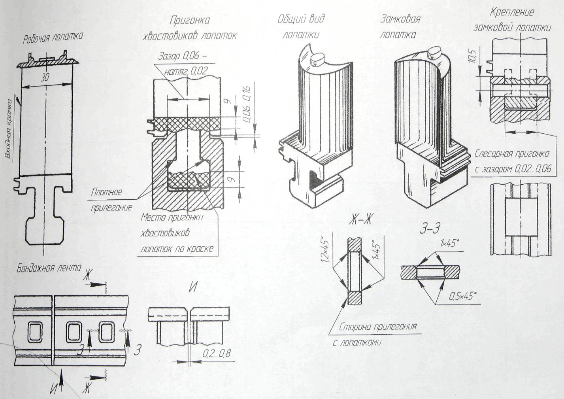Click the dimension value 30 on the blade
tap(45, 78)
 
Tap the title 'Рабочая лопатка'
tap(53, 37)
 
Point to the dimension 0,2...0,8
tap(216, 354)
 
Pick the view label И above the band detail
tap(192, 287)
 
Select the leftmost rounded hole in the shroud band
tap(35, 332)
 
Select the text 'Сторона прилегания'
tap(378, 327)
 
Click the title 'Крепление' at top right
tap(512, 12)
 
